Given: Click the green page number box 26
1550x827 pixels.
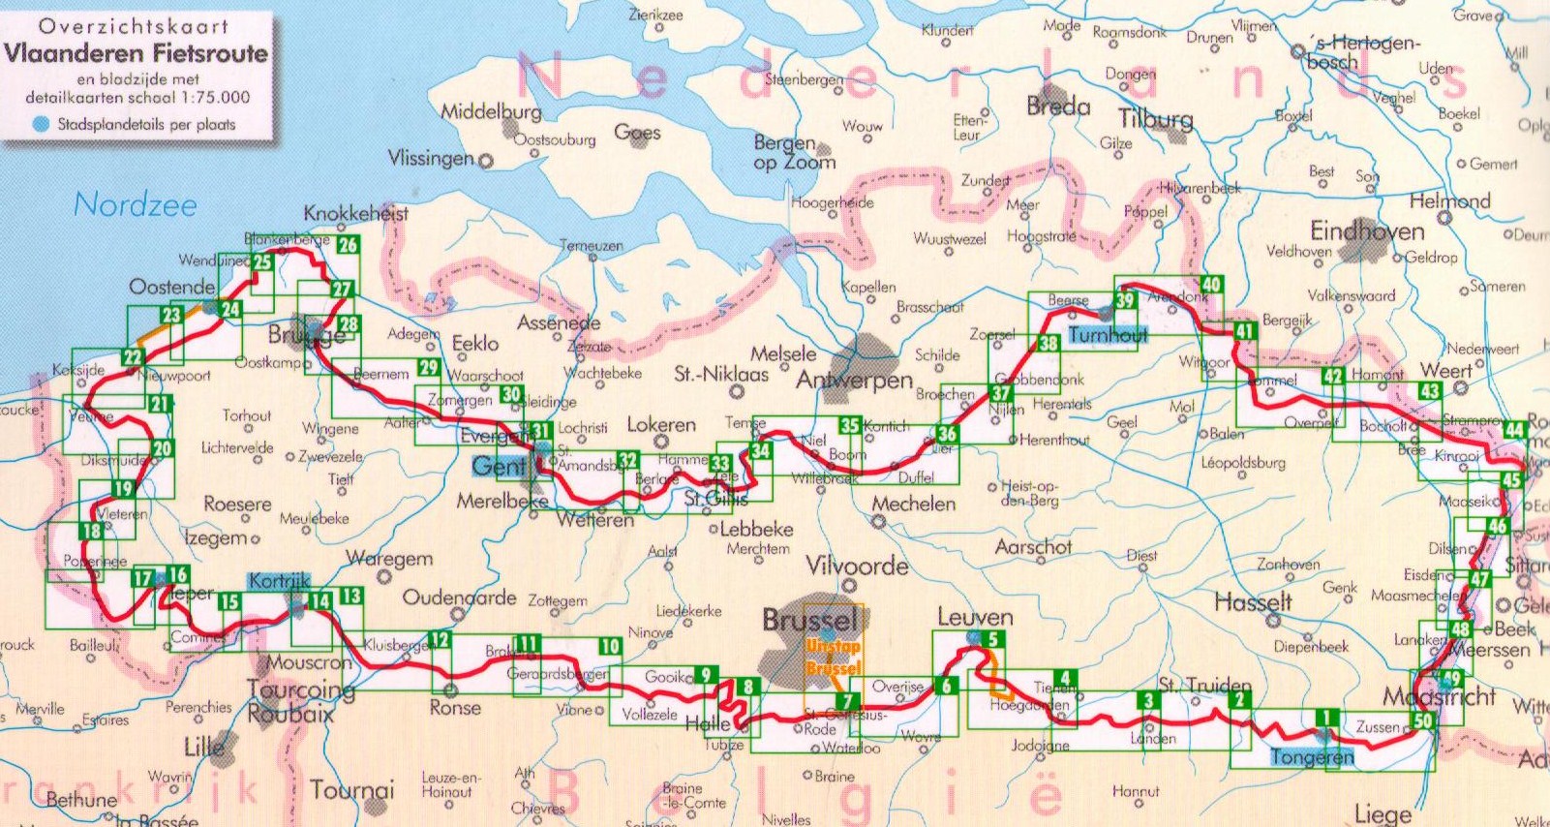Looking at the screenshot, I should [348, 245].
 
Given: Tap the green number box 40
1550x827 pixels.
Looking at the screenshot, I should [1211, 284].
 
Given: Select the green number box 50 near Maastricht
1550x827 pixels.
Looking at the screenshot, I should [1422, 720].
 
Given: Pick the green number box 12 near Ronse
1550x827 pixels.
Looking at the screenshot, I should [440, 639].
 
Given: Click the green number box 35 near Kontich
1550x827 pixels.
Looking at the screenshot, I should [849, 425].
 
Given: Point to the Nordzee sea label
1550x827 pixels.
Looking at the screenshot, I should [136, 204].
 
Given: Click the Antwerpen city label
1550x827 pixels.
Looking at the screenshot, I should [854, 381].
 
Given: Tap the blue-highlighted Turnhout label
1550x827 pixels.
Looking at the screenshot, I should [1108, 335].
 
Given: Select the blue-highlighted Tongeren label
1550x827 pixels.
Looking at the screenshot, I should [1312, 757].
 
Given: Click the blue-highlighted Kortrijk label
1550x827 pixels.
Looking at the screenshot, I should [279, 581].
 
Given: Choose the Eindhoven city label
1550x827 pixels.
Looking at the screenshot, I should [1367, 230].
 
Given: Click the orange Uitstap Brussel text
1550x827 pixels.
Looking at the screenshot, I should [833, 658].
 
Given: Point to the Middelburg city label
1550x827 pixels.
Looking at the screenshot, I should [491, 112].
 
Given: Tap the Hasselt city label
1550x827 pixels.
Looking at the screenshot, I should [1253, 602].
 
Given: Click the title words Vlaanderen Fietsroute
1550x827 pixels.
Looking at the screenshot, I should [136, 53].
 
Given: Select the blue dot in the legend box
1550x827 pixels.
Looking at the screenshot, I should [41, 124].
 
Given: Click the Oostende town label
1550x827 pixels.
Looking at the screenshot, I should [171, 287].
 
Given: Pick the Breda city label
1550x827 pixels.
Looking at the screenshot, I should [1058, 106].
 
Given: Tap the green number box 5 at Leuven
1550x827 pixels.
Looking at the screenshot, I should [992, 639].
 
